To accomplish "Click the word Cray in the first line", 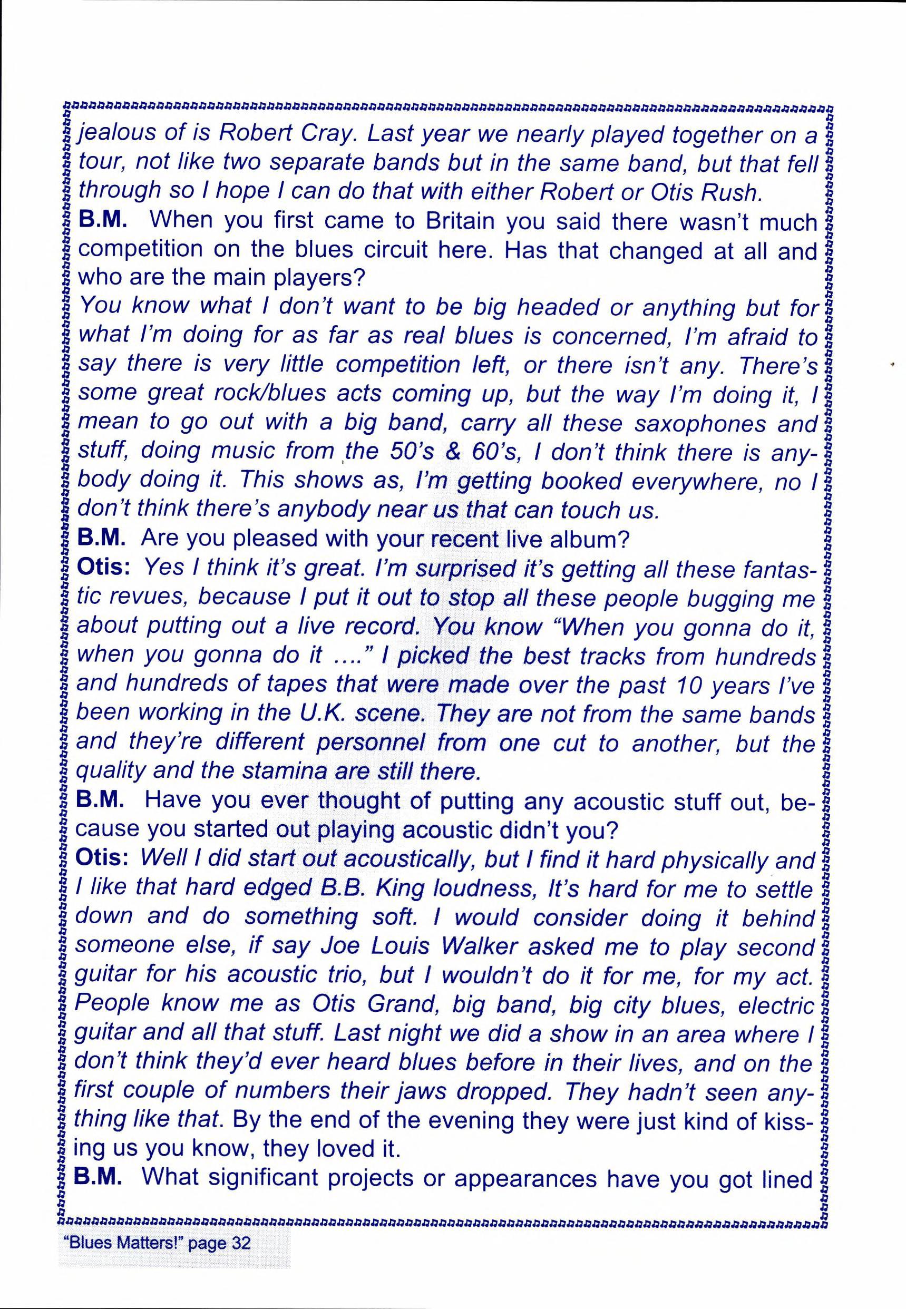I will pos(325,135).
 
